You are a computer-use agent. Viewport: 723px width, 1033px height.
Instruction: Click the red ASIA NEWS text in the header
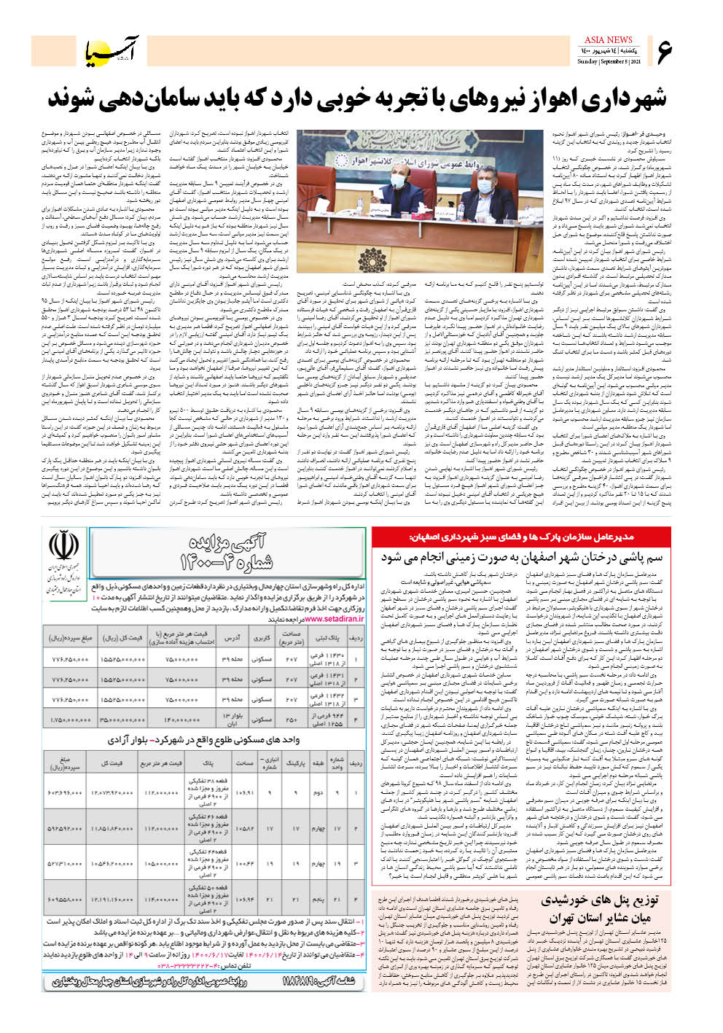pos(608,39)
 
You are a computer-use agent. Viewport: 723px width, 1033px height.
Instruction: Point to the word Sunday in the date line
pos(587,62)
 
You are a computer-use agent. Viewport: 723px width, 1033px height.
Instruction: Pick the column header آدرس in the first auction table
pos(232,638)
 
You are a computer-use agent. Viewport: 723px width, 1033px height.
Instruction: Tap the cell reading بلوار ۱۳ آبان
pos(230,719)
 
